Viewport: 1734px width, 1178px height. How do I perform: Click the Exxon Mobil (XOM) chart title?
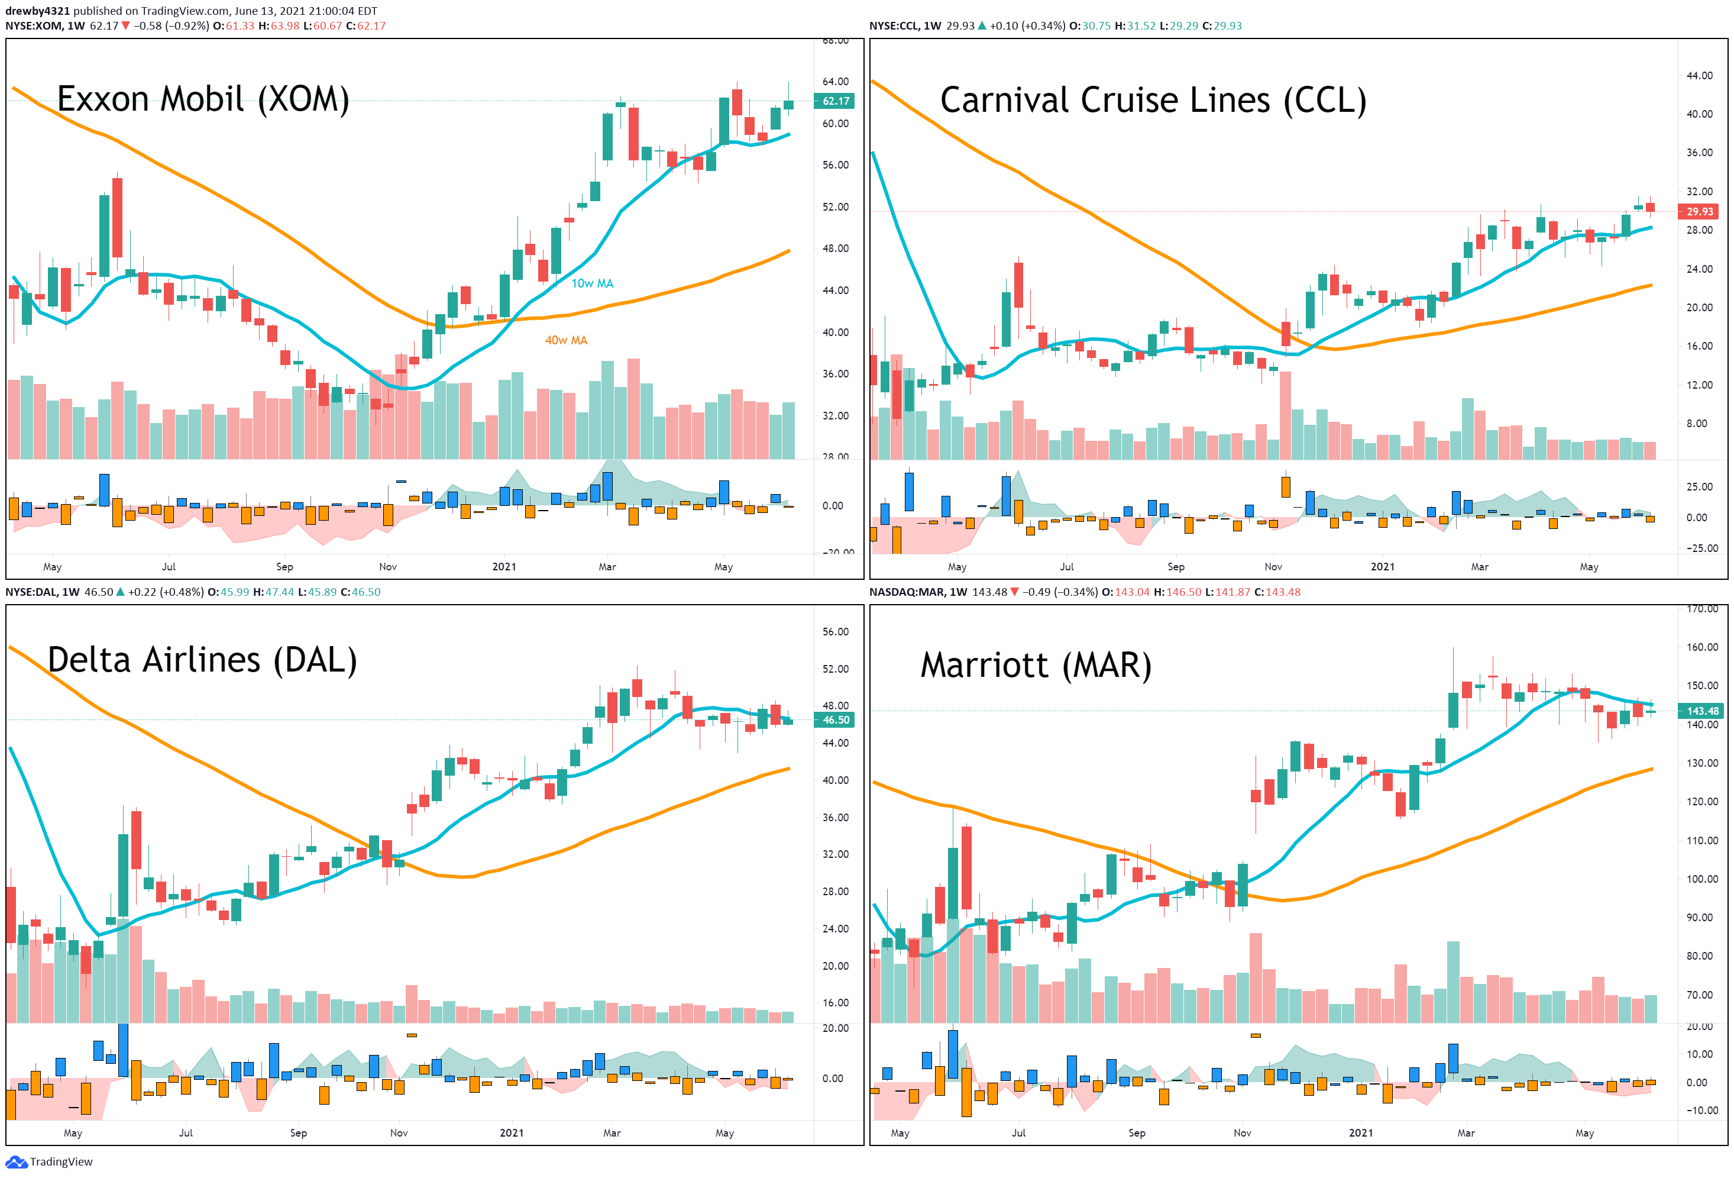[203, 99]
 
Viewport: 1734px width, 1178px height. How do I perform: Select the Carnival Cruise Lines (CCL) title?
[1153, 100]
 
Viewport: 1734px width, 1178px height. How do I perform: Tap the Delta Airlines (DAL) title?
[202, 660]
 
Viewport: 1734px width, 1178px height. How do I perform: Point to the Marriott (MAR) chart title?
[1036, 665]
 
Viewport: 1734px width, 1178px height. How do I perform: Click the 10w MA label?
[593, 283]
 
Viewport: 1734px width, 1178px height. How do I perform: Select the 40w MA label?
[567, 340]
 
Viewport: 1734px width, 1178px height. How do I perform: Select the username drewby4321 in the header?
[37, 11]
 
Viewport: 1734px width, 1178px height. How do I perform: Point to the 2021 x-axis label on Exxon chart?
[504, 567]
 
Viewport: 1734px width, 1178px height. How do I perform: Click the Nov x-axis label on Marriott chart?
[1243, 1132]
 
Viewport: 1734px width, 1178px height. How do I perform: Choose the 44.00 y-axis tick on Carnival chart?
[1700, 75]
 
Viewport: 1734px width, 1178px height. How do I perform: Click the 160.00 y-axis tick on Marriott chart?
[1703, 647]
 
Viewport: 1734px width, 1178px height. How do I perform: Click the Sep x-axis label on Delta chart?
[299, 1132]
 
